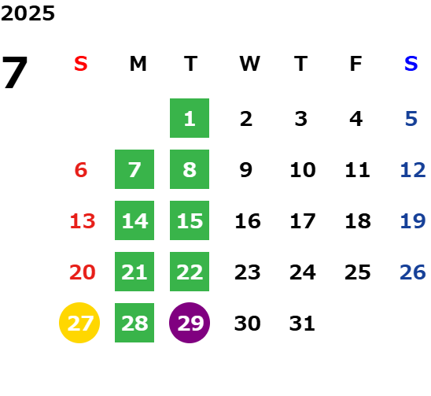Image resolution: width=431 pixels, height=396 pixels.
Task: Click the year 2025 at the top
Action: pyautogui.click(x=28, y=13)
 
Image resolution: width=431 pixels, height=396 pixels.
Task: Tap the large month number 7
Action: pyautogui.click(x=15, y=72)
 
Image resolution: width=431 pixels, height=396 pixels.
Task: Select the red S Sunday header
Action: pyautogui.click(x=81, y=64)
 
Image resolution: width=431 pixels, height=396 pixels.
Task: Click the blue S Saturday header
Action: pyautogui.click(x=411, y=64)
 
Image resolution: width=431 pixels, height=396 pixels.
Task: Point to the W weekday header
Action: pyautogui.click(x=249, y=64)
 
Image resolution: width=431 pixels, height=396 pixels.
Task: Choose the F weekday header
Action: pyautogui.click(x=356, y=64)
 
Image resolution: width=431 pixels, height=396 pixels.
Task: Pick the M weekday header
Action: pyautogui.click(x=138, y=64)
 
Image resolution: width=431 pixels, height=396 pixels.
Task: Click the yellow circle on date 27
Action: pyautogui.click(x=79, y=323)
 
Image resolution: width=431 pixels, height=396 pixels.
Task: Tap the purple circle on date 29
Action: pyautogui.click(x=190, y=323)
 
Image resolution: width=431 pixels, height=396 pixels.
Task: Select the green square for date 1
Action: pyautogui.click(x=190, y=118)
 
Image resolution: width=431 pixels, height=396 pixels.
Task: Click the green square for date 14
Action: pyautogui.click(x=134, y=220)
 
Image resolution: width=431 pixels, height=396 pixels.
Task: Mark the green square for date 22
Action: pyautogui.click(x=190, y=272)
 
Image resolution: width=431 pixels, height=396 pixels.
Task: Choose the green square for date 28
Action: pyautogui.click(x=134, y=323)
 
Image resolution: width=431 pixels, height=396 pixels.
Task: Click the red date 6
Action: pyautogui.click(x=81, y=169)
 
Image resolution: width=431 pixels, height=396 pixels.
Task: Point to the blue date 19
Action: pyautogui.click(x=413, y=220)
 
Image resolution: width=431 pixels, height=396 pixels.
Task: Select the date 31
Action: pyautogui.click(x=302, y=323)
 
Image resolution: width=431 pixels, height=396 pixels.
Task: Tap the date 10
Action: pyautogui.click(x=303, y=169)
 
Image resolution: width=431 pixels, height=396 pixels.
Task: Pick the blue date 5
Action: pyautogui.click(x=411, y=119)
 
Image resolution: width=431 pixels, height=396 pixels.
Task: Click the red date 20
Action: pyautogui.click(x=83, y=272)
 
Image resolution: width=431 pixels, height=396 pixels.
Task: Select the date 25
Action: pyautogui.click(x=358, y=272)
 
